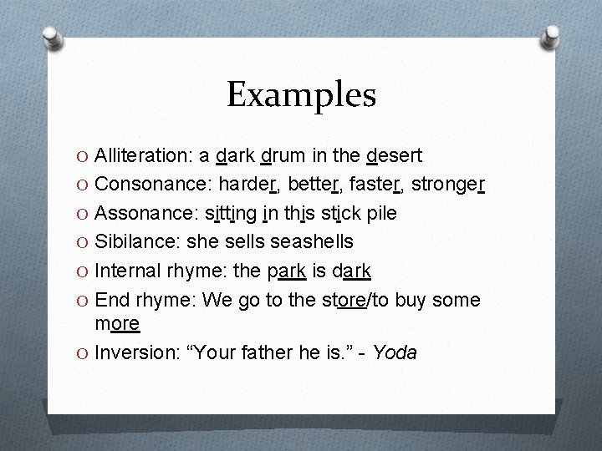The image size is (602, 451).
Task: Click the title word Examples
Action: click(301, 95)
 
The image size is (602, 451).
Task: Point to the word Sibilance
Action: click(135, 242)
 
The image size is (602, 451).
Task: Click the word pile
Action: click(380, 214)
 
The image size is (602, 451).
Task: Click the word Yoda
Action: click(395, 353)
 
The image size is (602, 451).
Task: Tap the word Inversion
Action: click(134, 353)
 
